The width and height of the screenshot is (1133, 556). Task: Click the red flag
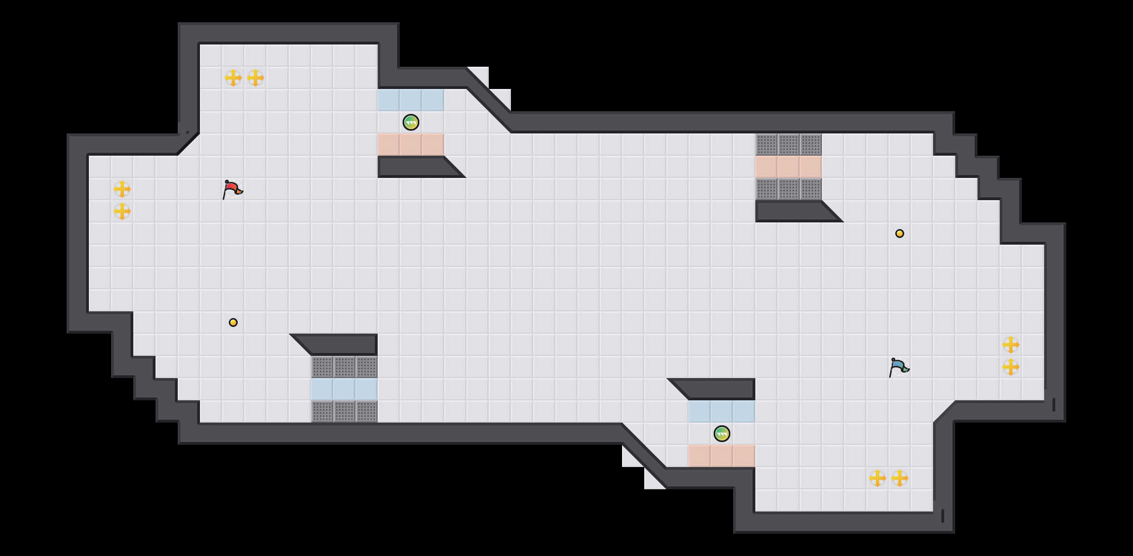[x=232, y=189]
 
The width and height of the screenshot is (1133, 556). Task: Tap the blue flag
[x=899, y=367]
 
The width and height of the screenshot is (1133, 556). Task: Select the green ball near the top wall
[x=411, y=122]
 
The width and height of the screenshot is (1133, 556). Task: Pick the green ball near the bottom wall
[x=722, y=434]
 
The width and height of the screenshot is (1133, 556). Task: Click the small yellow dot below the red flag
[x=233, y=322]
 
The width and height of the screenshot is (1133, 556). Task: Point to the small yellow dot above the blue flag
[x=900, y=234]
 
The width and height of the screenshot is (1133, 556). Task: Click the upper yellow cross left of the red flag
[x=122, y=189]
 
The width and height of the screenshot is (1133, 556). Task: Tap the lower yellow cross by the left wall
[x=122, y=211]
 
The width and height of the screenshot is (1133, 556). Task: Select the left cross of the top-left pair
[x=233, y=78]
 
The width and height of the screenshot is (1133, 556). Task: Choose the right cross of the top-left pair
[x=255, y=78]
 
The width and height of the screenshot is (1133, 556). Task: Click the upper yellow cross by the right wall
[x=1011, y=345]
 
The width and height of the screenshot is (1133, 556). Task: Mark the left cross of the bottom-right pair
[x=878, y=478]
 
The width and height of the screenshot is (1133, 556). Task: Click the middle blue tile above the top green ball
[x=411, y=100]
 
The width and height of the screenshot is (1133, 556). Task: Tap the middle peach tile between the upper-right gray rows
[x=789, y=167]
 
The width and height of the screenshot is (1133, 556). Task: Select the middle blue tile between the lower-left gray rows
[x=344, y=389]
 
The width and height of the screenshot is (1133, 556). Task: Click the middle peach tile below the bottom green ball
[x=722, y=456]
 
